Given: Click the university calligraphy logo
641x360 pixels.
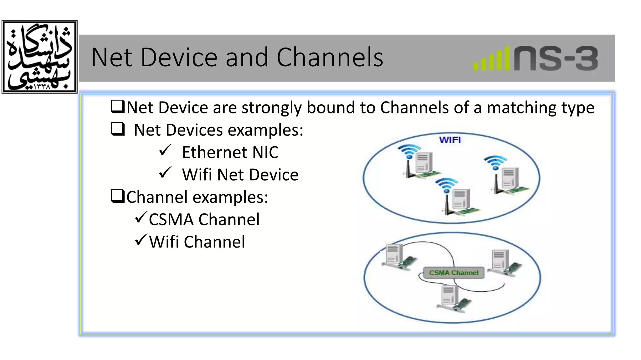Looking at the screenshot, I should pyautogui.click(x=39, y=57).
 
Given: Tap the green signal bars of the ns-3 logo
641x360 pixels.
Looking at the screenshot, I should pyautogui.click(x=491, y=59).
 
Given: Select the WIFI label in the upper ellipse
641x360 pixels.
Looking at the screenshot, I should pyautogui.click(x=450, y=140).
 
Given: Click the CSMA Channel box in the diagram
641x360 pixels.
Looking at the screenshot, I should pyautogui.click(x=454, y=273).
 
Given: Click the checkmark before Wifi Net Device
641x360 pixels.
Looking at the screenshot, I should pyautogui.click(x=165, y=172).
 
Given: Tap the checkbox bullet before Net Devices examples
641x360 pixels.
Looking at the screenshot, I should pyautogui.click(x=118, y=129).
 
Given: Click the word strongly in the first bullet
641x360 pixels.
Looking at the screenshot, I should pyautogui.click(x=272, y=108).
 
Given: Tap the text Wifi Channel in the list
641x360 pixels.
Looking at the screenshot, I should pyautogui.click(x=197, y=242).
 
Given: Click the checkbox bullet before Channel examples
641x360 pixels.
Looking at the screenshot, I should pyautogui.click(x=118, y=196).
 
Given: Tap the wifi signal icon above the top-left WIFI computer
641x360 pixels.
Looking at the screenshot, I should pyautogui.click(x=408, y=151).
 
